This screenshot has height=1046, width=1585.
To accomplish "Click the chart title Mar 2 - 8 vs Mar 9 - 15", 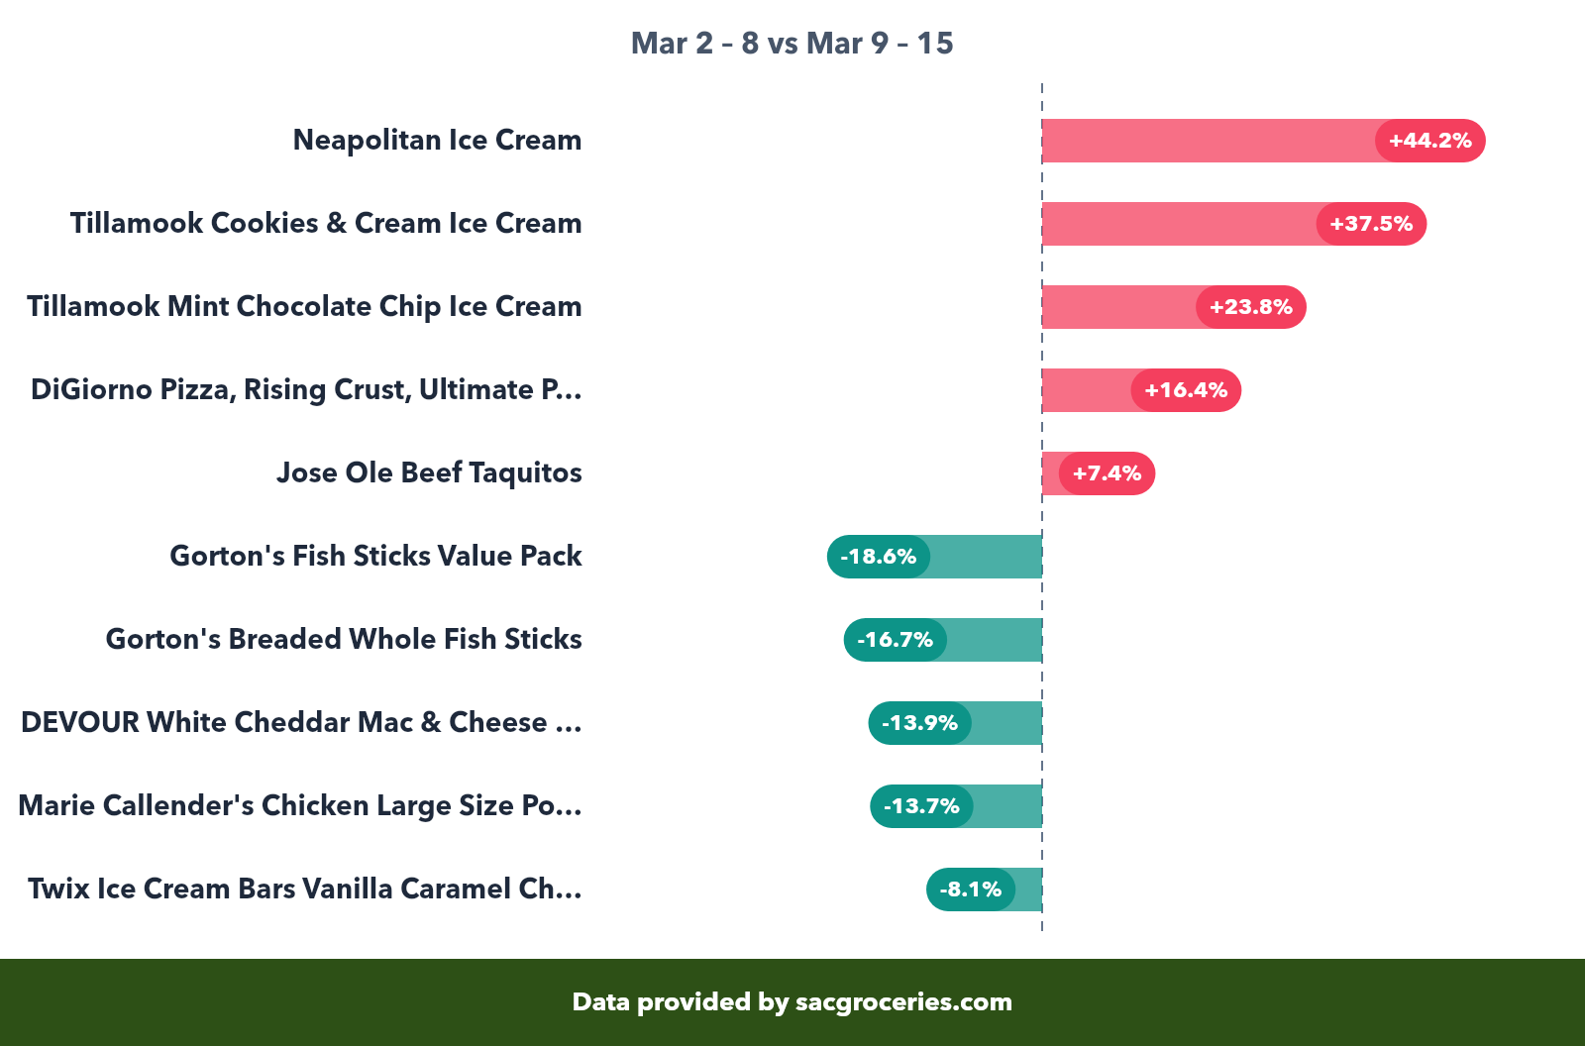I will click(792, 44).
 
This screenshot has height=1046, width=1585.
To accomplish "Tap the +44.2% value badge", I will click(1429, 141).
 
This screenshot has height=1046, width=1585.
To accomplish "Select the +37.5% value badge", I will click(1371, 224).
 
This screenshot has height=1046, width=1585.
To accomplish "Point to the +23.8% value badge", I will click(1250, 307).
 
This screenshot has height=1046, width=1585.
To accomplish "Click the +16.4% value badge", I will click(1186, 390).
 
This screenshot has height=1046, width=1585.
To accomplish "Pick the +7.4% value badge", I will click(1107, 473).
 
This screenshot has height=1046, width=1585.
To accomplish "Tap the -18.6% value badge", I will click(879, 557).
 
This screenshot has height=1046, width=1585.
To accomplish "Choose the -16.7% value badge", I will click(896, 640).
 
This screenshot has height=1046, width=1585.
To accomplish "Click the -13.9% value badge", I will click(920, 723).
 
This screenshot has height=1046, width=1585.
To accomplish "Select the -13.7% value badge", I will click(921, 806).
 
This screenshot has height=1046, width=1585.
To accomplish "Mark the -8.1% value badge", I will click(971, 889).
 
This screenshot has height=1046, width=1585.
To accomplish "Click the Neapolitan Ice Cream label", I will click(437, 141).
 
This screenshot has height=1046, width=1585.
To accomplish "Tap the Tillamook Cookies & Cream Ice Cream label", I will click(326, 224).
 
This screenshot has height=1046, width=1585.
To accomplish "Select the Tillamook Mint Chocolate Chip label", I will click(304, 307).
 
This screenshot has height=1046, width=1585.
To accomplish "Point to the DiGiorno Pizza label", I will click(306, 390).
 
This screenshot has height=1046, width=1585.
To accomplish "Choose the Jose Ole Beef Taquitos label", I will click(429, 473).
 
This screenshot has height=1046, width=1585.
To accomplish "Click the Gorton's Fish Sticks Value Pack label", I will click(375, 557).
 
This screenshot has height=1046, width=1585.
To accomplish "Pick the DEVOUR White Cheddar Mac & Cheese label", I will click(301, 723).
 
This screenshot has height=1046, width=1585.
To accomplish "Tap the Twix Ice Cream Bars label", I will click(304, 889).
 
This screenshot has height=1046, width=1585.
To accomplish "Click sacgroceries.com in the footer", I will click(903, 1002).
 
